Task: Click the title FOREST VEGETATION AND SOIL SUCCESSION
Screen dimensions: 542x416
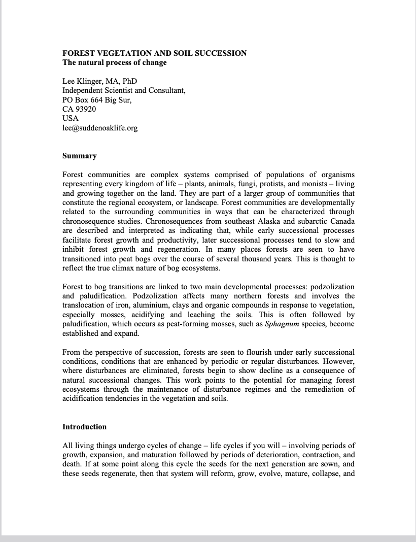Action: coord(154,53)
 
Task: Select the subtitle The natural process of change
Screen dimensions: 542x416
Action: coord(114,63)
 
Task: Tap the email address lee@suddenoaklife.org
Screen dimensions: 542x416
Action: coord(100,128)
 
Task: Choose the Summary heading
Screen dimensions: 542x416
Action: coord(79,156)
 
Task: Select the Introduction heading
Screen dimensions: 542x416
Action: coord(84,427)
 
